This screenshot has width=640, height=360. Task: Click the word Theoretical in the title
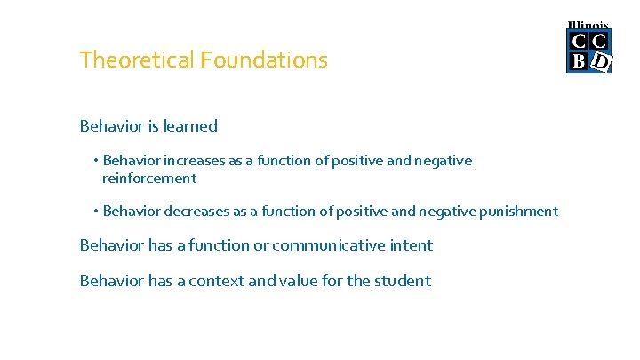[x=137, y=60]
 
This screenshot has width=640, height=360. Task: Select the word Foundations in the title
[x=264, y=60]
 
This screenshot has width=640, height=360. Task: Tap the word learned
[x=190, y=126]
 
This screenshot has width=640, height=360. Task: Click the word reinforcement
[x=148, y=179]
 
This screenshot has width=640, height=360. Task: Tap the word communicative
[x=327, y=245]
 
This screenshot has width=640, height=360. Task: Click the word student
[x=402, y=281]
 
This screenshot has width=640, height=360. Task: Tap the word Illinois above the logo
[x=588, y=26]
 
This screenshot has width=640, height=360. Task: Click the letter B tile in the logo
[x=579, y=60]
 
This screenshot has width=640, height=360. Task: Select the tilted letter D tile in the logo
[x=601, y=61]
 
